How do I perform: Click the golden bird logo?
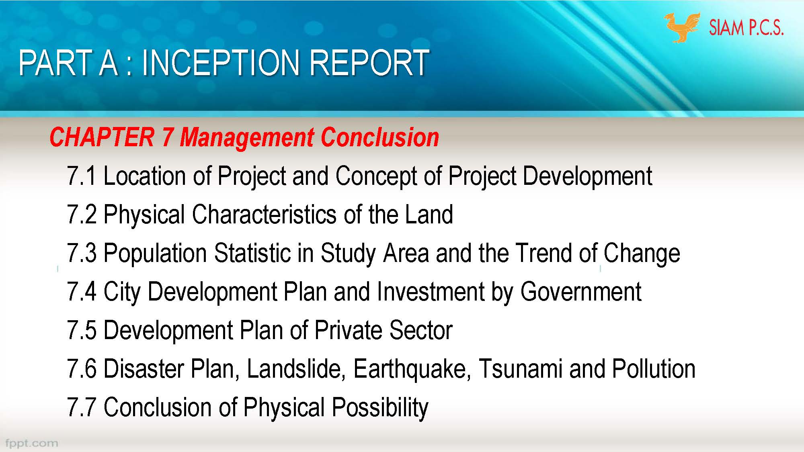pos(682,27)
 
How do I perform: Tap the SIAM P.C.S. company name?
pos(746,28)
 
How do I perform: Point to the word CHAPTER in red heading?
pos(102,137)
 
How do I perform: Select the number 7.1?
pos(82,176)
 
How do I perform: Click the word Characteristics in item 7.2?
pos(264,215)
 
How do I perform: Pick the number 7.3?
pos(82,253)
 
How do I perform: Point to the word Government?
pos(581,292)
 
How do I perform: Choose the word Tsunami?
pos(521,369)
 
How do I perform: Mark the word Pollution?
pos(654,369)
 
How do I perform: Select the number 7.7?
pos(82,407)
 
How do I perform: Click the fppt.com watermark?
pos(31,443)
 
